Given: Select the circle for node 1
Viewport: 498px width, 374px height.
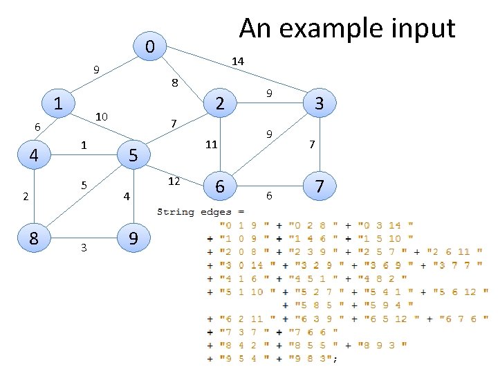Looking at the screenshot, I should [x=59, y=104].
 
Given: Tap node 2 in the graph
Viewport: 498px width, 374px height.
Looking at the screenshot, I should [x=219, y=104].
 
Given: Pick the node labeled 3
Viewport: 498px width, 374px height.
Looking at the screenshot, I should [x=319, y=104].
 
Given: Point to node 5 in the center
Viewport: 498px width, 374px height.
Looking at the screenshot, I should [x=134, y=155].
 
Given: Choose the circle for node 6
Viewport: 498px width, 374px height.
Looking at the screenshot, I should [x=219, y=186].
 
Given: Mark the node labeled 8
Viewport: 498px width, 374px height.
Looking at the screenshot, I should [x=33, y=238].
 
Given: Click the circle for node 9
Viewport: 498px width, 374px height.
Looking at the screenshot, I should [x=134, y=238].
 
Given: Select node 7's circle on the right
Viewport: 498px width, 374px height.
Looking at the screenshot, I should [x=319, y=186].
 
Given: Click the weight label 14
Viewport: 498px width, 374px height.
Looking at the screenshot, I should [x=237, y=62].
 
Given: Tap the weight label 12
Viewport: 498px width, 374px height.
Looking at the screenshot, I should [x=174, y=181].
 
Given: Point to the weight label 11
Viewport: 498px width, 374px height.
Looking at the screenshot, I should [x=212, y=145].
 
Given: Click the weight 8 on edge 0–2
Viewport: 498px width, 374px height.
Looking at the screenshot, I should [x=175, y=83].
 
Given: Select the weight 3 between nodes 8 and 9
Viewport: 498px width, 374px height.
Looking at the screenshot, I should [x=84, y=248].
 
